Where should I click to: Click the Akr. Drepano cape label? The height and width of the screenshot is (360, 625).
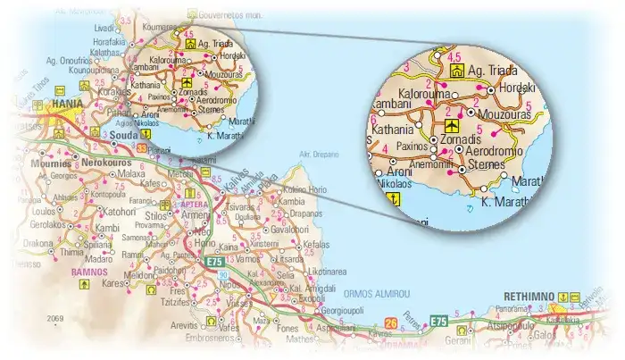click(x=320, y=154)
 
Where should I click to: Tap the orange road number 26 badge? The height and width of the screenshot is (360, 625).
click(x=390, y=322)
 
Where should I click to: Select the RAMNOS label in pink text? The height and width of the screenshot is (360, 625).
click(x=89, y=271)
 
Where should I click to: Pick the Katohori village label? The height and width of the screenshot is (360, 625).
click(x=120, y=213)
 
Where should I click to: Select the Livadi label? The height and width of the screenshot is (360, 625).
click(x=105, y=29)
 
